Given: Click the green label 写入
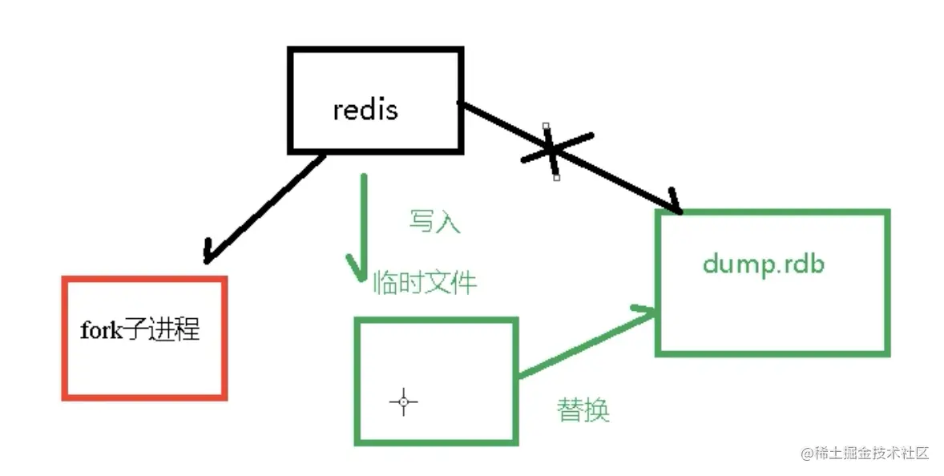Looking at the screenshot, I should tap(435, 222).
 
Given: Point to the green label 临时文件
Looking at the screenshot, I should tap(425, 282).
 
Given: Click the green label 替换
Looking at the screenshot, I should tap(583, 410).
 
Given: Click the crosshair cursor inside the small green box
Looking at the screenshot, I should tap(404, 401).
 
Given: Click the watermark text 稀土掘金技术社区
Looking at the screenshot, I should tap(871, 453).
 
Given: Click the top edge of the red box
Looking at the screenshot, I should tap(144, 279).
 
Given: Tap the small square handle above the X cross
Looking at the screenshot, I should tap(546, 126).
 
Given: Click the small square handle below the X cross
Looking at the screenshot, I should tap(556, 178).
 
